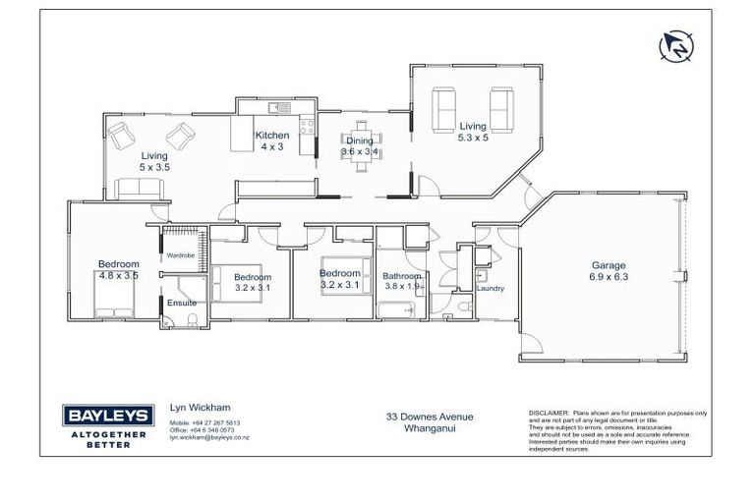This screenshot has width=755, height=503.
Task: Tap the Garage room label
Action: click(608, 265)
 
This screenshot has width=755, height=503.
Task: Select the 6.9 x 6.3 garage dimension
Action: click(608, 277)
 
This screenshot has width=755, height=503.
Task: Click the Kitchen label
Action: click(272, 136)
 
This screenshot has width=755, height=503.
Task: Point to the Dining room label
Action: click(359, 140)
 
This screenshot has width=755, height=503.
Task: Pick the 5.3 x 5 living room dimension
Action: click(473, 138)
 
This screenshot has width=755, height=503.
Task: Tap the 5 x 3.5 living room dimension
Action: click(153, 167)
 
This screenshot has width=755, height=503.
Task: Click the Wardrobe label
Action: click(180, 255)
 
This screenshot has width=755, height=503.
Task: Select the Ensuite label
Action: click(181, 303)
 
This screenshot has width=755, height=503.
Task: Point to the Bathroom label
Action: click(401, 276)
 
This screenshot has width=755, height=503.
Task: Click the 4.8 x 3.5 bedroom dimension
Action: click(118, 276)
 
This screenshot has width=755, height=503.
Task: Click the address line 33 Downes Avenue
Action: click(429, 417)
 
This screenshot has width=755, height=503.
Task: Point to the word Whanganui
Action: click(429, 427)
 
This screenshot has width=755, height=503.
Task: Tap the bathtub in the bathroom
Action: click(397, 311)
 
